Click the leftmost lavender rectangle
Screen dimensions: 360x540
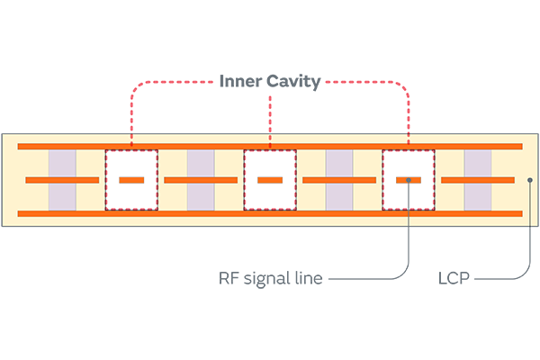62,180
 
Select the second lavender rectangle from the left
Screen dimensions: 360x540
201,180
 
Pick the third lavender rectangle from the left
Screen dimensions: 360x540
339,180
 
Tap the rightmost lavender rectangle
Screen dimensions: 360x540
478,180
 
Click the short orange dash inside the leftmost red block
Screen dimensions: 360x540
131,181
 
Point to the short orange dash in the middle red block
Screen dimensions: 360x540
270,181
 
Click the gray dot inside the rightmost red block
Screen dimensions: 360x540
409,181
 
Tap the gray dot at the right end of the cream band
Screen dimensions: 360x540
530,181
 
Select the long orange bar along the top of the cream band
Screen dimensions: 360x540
270,146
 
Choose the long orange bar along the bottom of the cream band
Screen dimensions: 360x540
270,213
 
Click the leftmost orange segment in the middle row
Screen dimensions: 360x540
62,181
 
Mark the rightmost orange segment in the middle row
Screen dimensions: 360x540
478,181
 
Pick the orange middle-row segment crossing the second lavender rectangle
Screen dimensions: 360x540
201,181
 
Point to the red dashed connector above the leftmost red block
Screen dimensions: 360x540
131,130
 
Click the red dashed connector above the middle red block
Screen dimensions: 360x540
270,130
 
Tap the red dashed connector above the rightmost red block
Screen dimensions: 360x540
409,130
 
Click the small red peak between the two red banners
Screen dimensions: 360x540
270,103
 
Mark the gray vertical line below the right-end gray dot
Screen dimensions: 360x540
530,207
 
